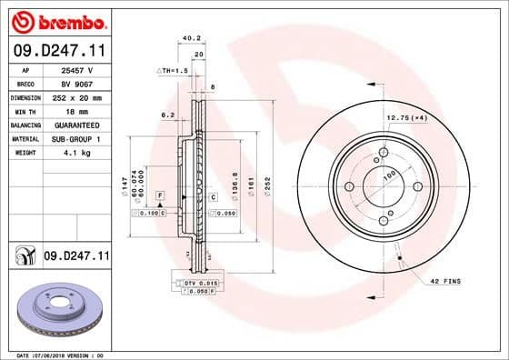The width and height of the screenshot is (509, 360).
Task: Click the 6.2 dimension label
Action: (x=166, y=115)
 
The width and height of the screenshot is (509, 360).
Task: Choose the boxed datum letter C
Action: (x=213, y=196)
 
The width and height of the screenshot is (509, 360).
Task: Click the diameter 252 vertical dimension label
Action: (x=267, y=185)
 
